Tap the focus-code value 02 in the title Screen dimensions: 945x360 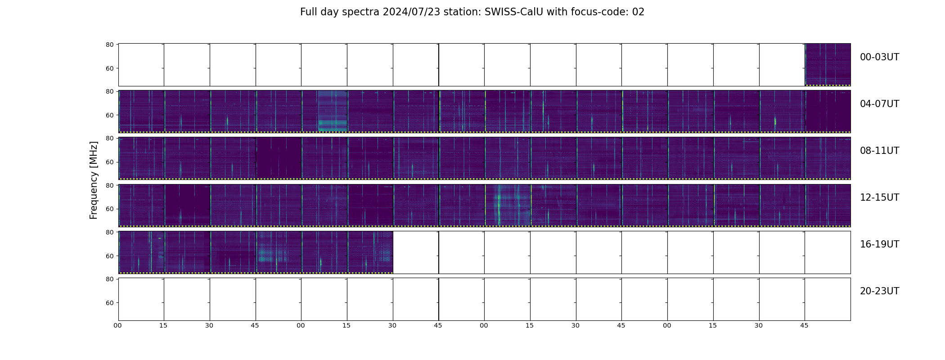[x=638, y=12]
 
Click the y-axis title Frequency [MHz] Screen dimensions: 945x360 [x=94, y=180]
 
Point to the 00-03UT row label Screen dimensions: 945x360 [x=879, y=57]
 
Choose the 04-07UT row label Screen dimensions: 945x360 [x=879, y=104]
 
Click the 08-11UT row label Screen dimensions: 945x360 [x=879, y=151]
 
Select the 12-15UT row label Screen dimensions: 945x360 [x=879, y=198]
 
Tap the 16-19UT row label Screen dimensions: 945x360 [x=879, y=244]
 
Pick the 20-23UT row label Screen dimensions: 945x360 [x=879, y=291]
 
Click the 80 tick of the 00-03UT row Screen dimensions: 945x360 [x=109, y=45]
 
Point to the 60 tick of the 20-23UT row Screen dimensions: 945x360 [x=109, y=303]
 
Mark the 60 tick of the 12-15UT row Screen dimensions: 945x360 [x=109, y=209]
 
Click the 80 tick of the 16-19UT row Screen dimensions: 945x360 [x=109, y=232]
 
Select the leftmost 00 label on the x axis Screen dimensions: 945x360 [x=118, y=325]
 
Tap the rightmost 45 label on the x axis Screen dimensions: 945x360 [x=804, y=325]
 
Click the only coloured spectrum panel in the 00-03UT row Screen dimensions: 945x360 [x=828, y=65]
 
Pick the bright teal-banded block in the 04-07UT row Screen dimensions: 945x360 [x=333, y=111]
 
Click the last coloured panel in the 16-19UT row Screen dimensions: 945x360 [x=370, y=252]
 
